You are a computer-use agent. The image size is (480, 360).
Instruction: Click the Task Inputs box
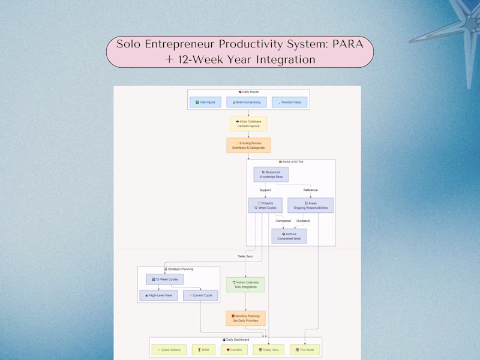click(206, 103)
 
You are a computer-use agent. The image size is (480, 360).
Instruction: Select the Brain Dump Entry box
click(247, 103)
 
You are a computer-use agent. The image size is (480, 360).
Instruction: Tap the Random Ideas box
click(289, 103)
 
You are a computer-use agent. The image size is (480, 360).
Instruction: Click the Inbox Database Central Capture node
click(248, 124)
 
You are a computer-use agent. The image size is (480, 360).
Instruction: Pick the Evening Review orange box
click(248, 145)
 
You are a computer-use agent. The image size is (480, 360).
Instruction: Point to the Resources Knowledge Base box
click(271, 174)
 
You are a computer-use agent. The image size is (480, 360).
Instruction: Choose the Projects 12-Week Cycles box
click(265, 205)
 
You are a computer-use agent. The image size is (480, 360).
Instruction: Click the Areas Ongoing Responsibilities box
click(311, 205)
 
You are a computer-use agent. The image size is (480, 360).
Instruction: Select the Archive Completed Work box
click(289, 236)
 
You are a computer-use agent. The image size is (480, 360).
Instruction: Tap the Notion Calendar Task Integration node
click(245, 284)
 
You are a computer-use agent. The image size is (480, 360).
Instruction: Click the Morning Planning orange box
click(245, 318)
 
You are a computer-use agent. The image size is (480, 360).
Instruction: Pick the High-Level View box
click(158, 295)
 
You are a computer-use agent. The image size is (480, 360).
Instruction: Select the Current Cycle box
click(200, 295)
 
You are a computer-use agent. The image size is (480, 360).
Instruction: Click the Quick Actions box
click(169, 349)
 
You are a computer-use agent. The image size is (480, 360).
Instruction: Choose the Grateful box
click(234, 349)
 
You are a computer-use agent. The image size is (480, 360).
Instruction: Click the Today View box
click(269, 349)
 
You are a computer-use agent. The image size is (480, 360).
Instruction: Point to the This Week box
click(305, 349)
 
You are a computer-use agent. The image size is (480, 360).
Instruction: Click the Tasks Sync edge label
click(245, 256)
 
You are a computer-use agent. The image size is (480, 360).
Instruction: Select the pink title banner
click(240, 52)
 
